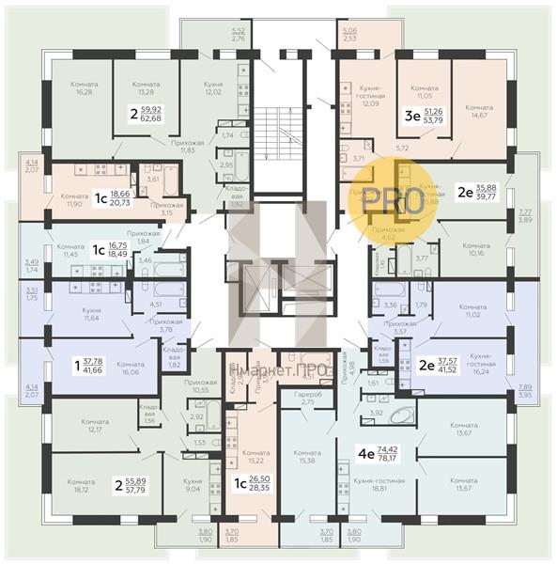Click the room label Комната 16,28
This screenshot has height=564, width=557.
coord(85,87)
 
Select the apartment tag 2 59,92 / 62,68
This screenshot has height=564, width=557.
coord(144,113)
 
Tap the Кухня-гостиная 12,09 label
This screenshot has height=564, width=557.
coord(364,93)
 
